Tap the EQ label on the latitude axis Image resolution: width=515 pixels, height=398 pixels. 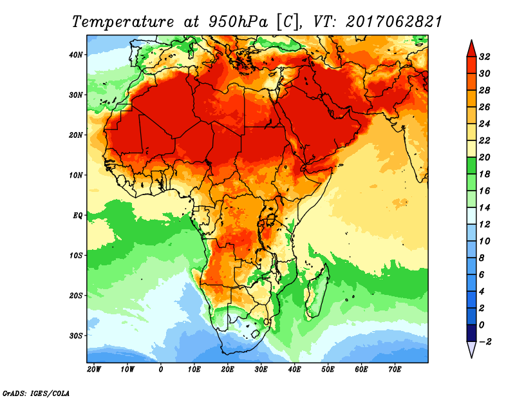click(77, 215)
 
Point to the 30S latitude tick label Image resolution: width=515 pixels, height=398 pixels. click(76, 336)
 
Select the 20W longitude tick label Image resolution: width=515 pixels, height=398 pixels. click(93, 370)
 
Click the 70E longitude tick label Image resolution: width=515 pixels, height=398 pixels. click(395, 370)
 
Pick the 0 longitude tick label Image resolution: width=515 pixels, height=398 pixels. click(160, 370)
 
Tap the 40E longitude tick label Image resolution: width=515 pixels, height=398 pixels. click(294, 370)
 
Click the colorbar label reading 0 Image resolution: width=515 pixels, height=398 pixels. click(482, 325)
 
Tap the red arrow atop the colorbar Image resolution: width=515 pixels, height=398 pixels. click(471, 48)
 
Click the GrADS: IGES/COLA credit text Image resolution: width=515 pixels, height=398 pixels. click(36, 392)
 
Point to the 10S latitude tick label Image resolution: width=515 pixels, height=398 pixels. click(76, 255)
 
